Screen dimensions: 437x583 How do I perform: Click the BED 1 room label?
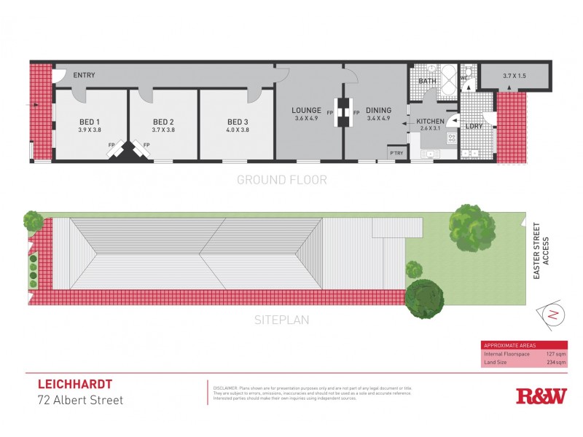coord(89,122)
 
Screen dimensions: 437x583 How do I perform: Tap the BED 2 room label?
coord(163,122)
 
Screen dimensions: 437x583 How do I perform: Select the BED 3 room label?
coord(238,122)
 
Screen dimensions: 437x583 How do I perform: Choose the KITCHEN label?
coord(430,121)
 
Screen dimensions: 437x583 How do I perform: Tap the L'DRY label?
coord(474,126)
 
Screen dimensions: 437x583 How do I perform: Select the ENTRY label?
coord(85,75)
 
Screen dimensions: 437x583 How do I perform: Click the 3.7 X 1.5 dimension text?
coord(514,76)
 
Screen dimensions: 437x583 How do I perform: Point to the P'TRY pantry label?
coord(396,153)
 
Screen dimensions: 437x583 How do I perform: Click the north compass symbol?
coord(552,315)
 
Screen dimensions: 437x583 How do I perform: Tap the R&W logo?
coord(541,396)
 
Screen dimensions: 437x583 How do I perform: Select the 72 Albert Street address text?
coord(80,400)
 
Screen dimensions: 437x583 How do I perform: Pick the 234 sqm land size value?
coord(556,362)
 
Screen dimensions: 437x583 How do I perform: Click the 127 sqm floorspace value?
coord(556,354)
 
